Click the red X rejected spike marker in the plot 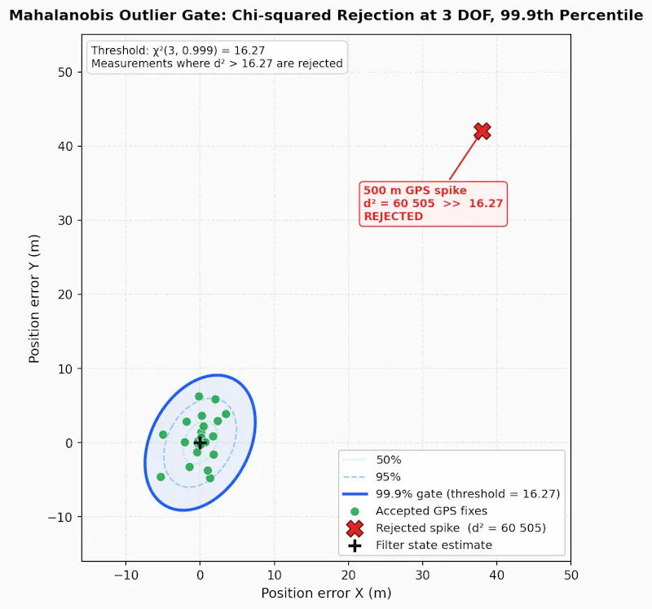[482, 131]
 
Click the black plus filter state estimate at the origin [200, 443]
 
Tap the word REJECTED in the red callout [394, 216]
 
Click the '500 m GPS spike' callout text [415, 190]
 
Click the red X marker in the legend [355, 528]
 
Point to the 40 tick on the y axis [65, 147]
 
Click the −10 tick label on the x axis [126, 575]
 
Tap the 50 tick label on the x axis [571, 575]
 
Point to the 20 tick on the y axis [65, 294]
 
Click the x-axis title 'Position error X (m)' [326, 594]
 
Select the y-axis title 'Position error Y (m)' [34, 298]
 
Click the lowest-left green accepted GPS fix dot [161, 477]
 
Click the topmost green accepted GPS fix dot [199, 396]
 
